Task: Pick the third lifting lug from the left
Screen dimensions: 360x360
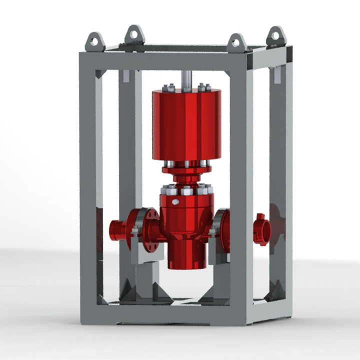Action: [236, 42]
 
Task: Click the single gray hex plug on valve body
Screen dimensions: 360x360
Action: [175, 202]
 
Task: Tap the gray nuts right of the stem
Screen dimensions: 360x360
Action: [202, 87]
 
